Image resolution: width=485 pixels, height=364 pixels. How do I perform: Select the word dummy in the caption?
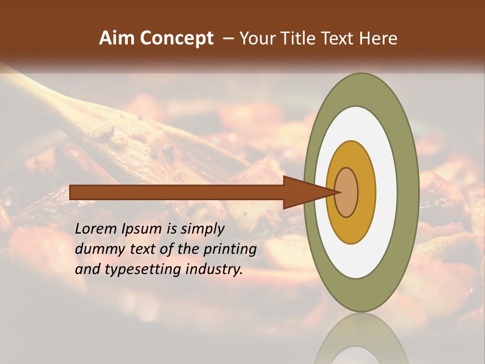[96, 249]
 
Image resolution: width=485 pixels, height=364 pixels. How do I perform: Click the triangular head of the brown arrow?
[303, 193]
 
